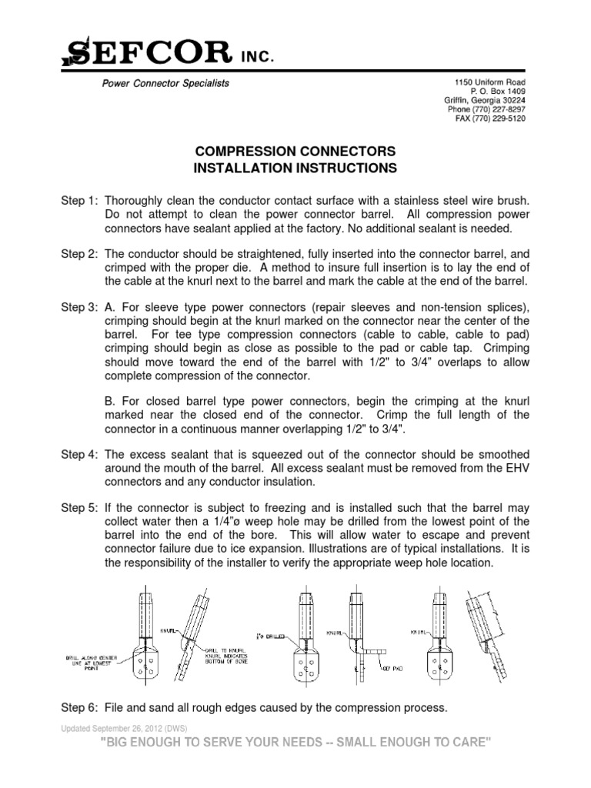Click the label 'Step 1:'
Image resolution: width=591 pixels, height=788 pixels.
(x=79, y=200)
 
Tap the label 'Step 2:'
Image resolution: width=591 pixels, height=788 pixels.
(x=79, y=253)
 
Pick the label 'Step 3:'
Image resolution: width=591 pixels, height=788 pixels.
(x=79, y=307)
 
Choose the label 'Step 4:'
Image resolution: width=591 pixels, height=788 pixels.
(x=79, y=454)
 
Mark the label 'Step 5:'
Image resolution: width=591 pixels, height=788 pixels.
(x=79, y=507)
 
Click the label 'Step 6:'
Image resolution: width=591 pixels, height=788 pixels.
(x=79, y=707)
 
